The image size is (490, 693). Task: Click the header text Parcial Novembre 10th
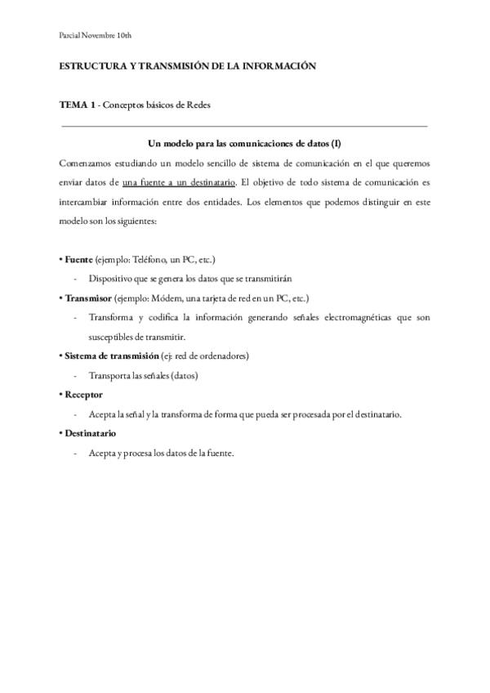pyautogui.click(x=96, y=35)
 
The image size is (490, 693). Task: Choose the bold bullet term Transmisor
pyautogui.click(x=87, y=298)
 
